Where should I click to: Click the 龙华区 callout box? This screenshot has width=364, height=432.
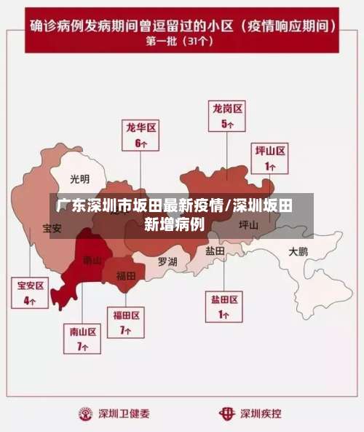click(x=141, y=135)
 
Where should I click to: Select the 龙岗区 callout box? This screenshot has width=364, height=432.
click(x=228, y=115)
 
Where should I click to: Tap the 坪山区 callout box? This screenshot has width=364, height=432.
click(x=270, y=158)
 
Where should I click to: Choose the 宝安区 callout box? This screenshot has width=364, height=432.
click(x=31, y=292)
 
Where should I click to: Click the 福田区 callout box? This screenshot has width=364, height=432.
click(x=126, y=322)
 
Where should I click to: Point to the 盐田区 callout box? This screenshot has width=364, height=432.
click(x=225, y=307)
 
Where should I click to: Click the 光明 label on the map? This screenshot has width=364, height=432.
click(x=80, y=178)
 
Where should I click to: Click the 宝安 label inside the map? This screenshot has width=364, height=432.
click(x=52, y=229)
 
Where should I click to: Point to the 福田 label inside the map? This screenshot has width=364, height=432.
click(x=126, y=275)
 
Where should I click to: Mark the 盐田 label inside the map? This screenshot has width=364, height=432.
click(x=215, y=250)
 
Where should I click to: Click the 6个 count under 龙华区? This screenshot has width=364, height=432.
click(x=141, y=143)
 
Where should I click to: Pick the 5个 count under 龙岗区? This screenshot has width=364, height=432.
click(x=228, y=124)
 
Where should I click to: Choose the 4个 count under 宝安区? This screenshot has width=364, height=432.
click(x=31, y=300)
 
